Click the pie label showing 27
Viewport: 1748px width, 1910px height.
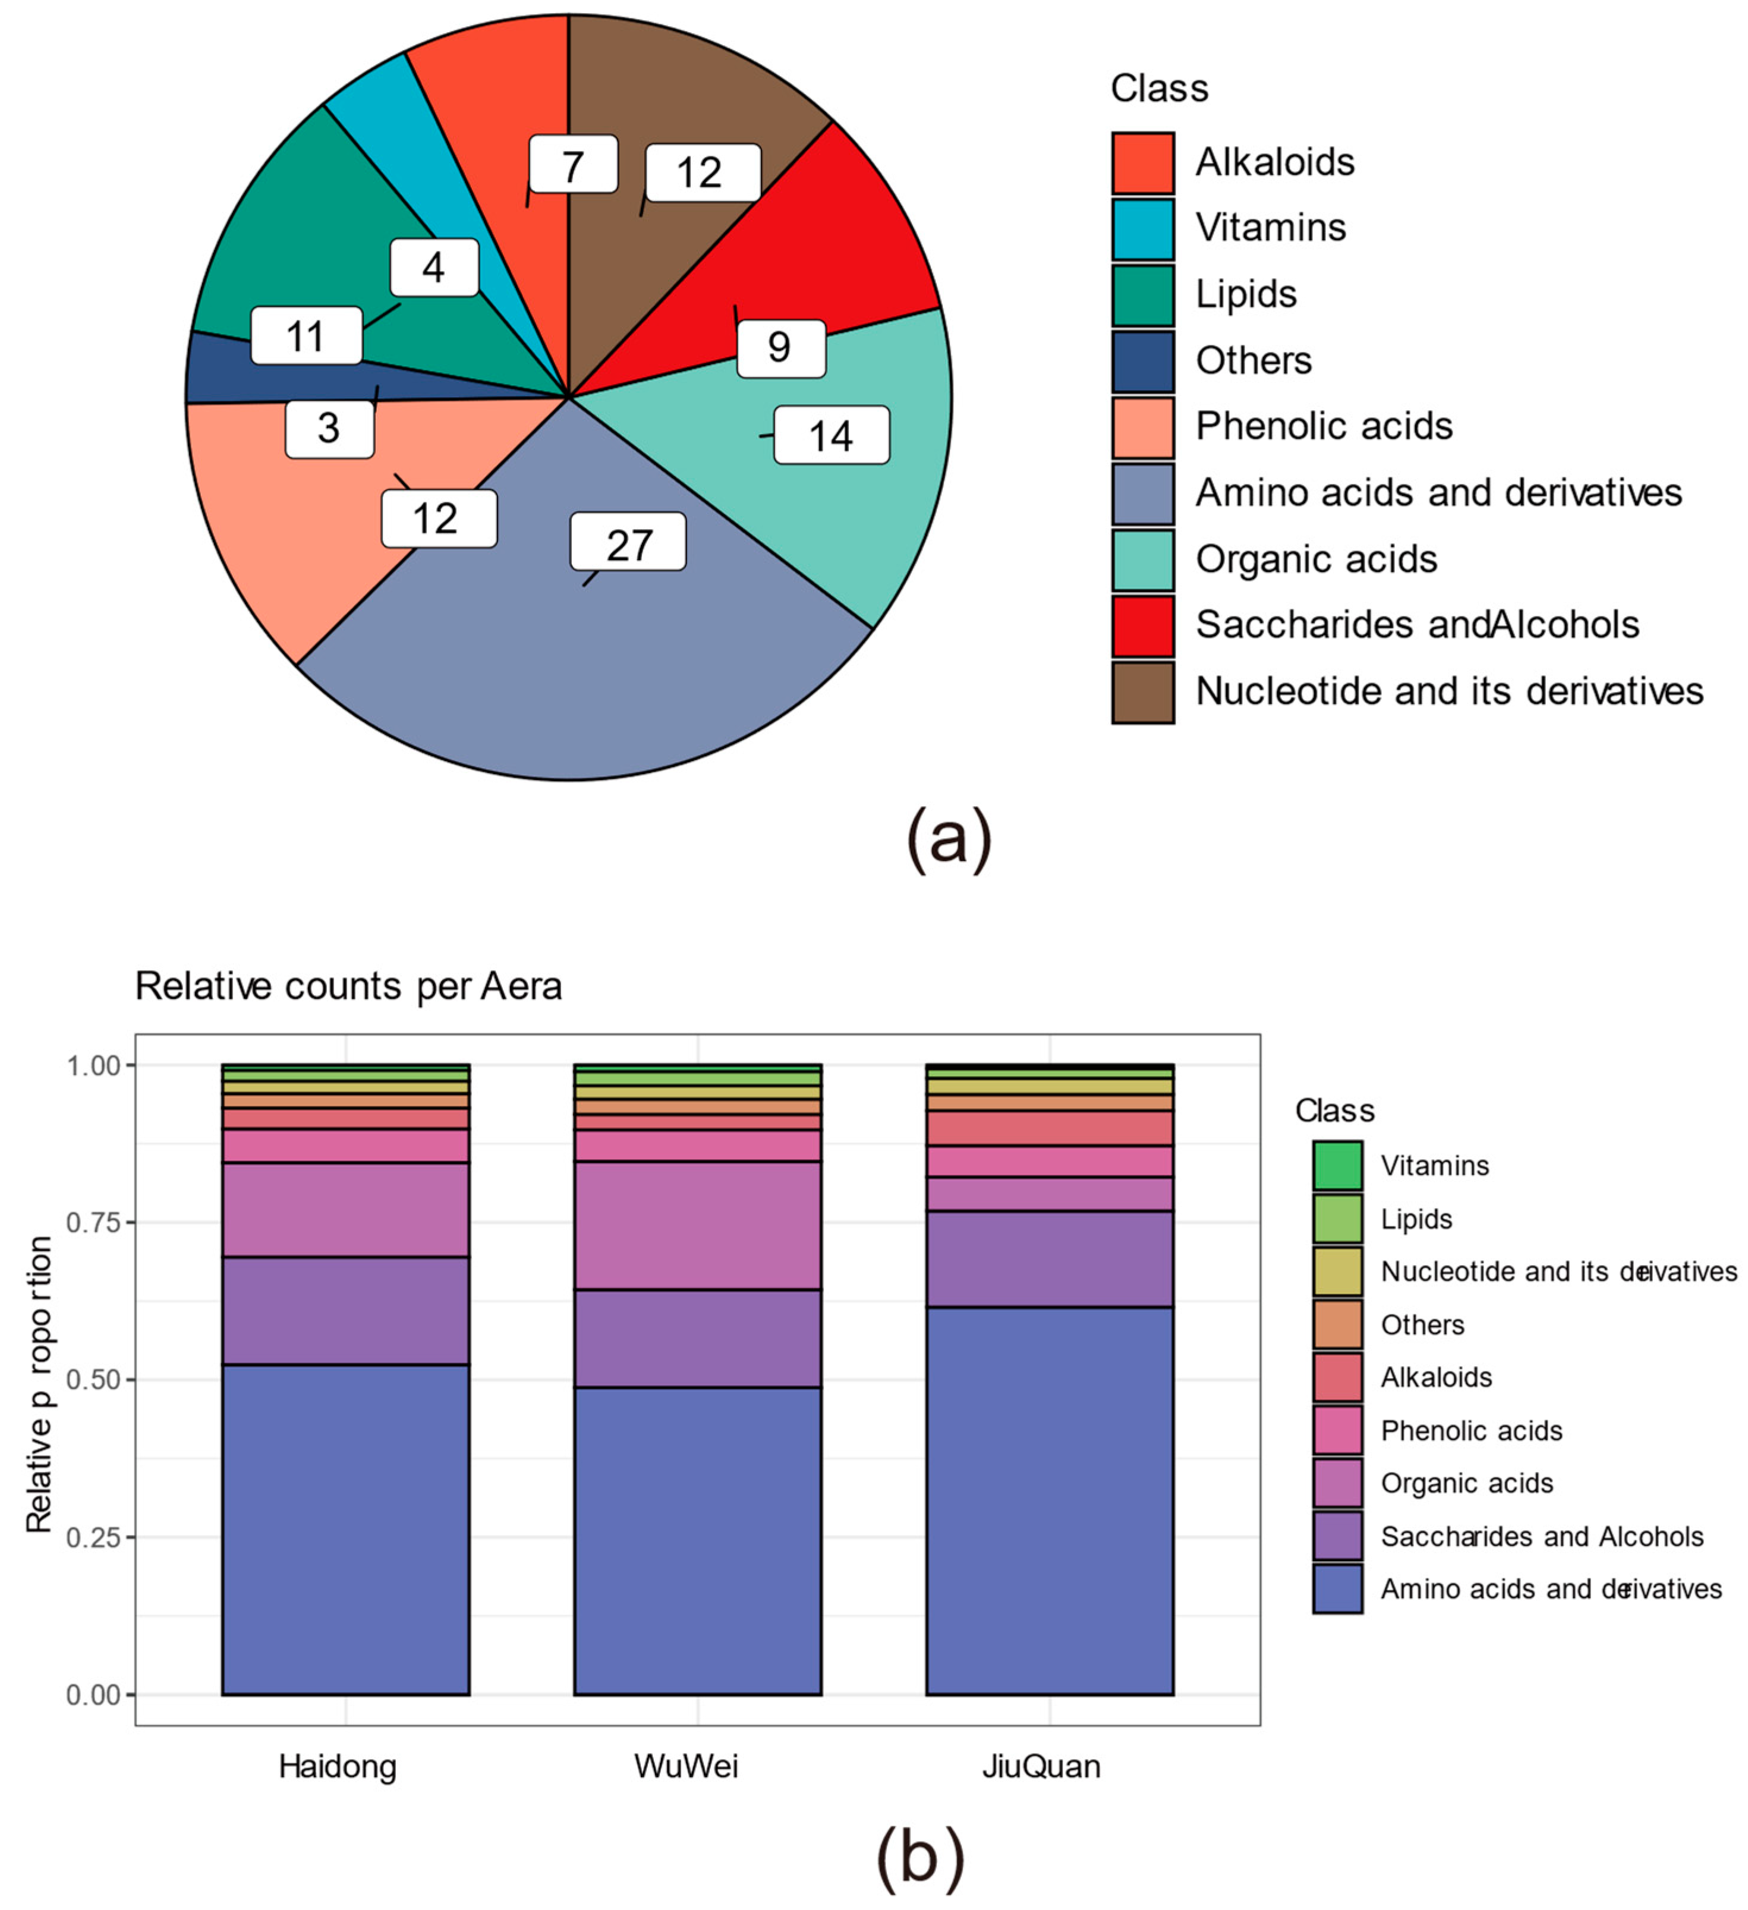[x=628, y=542]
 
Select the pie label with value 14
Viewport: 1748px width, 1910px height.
[x=831, y=435]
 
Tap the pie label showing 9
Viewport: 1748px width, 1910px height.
[x=780, y=348]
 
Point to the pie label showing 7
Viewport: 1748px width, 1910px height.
[x=572, y=165]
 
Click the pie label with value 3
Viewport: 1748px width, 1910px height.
[x=329, y=428]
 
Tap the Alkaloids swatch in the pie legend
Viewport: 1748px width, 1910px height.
[x=1142, y=163]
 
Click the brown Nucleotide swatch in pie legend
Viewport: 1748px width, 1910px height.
[x=1142, y=693]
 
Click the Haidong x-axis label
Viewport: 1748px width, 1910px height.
[x=337, y=1766]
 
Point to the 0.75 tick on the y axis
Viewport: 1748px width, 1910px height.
[x=93, y=1222]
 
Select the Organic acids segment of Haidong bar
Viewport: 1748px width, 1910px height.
[x=345, y=1210]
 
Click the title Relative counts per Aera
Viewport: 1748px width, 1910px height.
[x=348, y=986]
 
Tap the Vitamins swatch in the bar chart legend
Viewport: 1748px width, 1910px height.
[x=1337, y=1165]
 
